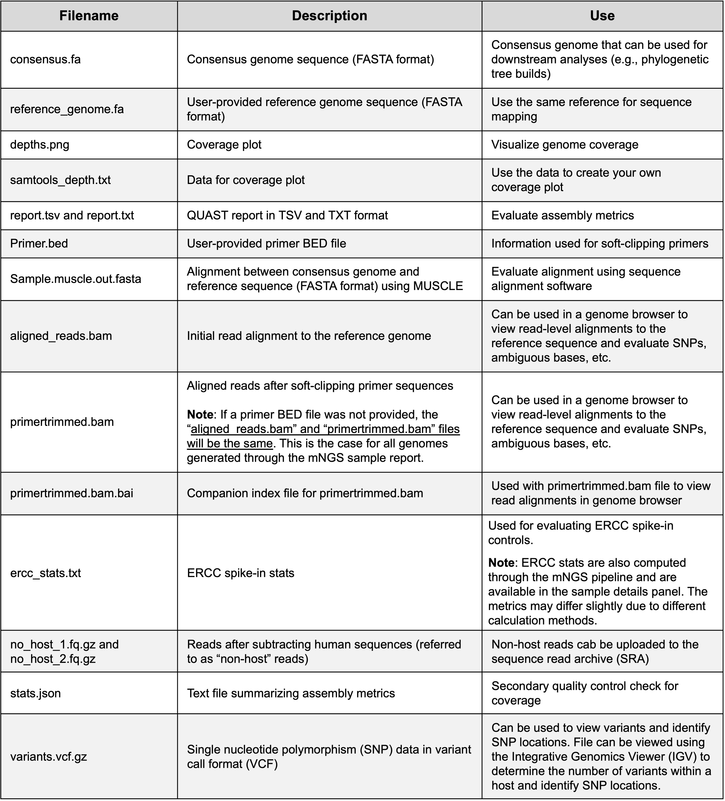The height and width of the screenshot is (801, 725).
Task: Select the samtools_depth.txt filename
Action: [x=60, y=180]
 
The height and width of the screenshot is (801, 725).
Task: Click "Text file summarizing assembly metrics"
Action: [x=291, y=693]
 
